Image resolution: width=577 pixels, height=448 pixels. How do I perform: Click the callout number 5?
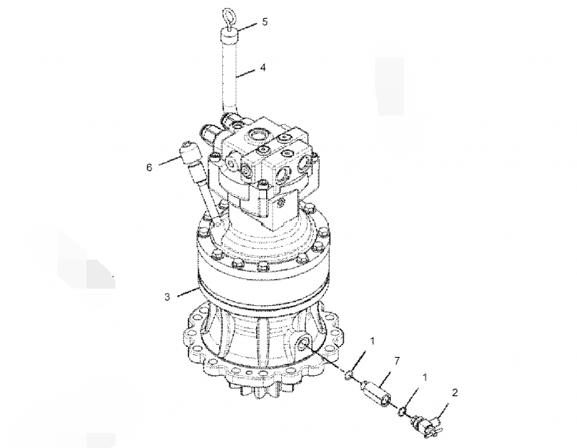pos(264,22)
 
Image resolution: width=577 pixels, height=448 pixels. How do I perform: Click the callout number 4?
pos(263,67)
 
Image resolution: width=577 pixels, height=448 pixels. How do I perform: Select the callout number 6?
pos(149,167)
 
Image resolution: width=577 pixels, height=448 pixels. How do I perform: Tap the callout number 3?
pos(167,296)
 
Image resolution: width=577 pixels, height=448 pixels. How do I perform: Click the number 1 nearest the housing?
pos(372,341)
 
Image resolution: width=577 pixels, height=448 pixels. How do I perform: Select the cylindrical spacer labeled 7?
pos(376,392)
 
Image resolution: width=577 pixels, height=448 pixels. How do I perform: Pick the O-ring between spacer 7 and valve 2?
pos(401,412)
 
